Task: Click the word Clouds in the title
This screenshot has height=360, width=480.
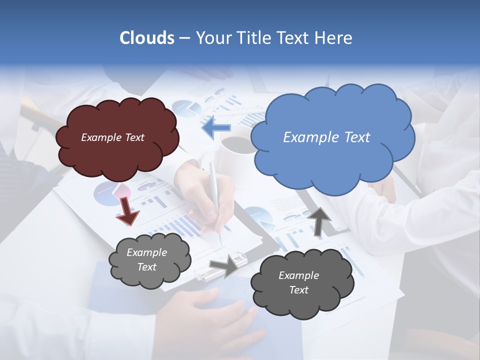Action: [x=146, y=38]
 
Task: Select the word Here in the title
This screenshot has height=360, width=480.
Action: [x=334, y=38]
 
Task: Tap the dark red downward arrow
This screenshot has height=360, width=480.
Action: [x=127, y=210]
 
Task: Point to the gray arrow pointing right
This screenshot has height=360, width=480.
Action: [x=224, y=265]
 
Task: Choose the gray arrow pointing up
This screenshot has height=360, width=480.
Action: [x=319, y=220]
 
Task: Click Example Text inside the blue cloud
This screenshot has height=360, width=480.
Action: [x=326, y=137]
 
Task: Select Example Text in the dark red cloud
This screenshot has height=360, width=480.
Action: [x=112, y=137]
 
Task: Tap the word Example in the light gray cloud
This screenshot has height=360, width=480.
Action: [x=146, y=252]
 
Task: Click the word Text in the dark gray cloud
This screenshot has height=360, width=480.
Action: [x=298, y=290]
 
